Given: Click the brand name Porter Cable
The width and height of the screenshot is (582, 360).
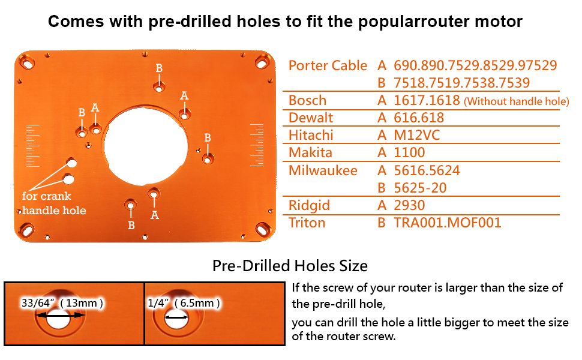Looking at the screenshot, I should point(328,65).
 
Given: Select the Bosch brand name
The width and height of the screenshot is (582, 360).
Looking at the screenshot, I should point(307,100).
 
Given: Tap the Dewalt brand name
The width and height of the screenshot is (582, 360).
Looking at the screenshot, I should point(311,118).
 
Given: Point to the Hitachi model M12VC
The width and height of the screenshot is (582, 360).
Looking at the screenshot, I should point(416,135).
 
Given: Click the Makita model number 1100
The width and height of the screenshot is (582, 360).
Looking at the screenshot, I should point(409,152).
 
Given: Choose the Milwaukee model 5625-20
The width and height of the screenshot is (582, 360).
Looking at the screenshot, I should point(420,188).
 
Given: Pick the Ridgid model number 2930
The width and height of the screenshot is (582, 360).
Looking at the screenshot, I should point(409,205).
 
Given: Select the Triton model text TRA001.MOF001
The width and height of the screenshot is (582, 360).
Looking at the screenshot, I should point(447,223).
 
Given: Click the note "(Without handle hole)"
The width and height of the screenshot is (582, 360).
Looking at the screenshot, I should point(516,101).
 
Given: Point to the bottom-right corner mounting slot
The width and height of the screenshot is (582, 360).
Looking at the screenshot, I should point(262,228).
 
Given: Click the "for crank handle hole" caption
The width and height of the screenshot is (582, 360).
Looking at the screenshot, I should point(54,203).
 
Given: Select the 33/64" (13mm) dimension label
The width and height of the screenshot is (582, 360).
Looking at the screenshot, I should point(62,303).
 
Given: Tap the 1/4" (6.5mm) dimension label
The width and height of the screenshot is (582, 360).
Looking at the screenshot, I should point(184,303).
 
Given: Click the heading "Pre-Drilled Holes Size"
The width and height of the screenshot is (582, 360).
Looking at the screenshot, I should point(290,266).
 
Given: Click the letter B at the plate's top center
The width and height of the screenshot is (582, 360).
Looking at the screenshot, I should point(159,68).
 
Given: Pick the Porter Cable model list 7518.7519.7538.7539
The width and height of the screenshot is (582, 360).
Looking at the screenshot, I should point(461,83).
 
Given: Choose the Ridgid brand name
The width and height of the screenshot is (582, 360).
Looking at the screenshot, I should point(309,205).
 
